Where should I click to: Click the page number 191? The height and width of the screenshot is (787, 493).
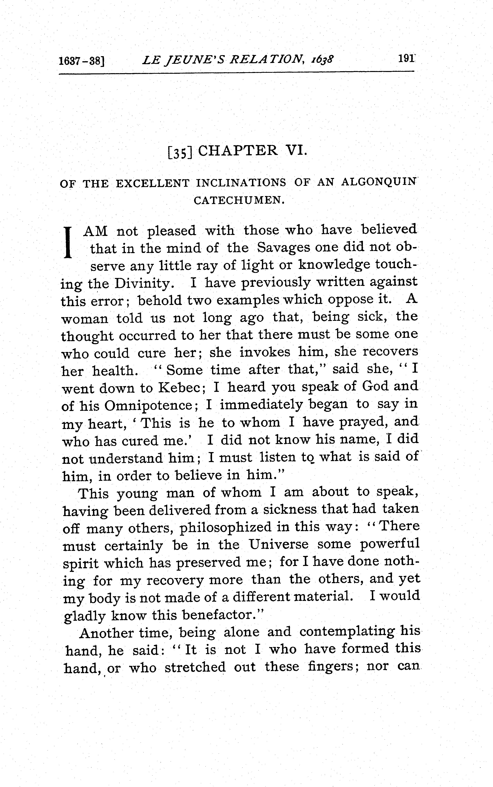[x=406, y=59]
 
